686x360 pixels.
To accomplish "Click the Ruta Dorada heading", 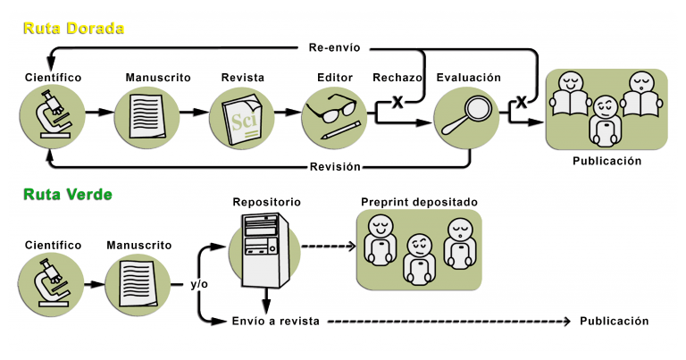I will tap(73, 29).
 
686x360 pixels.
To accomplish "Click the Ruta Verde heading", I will tap(68, 194).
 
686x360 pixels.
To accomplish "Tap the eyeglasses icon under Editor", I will tap(333, 116).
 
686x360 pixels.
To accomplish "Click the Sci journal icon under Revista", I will tap(242, 116).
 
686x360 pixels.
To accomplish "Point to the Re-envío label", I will tap(335, 46).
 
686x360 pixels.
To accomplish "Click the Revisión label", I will tap(335, 166).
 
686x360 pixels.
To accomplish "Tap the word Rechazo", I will tap(398, 78).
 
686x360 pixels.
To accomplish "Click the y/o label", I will tap(199, 284).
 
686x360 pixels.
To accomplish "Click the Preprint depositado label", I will tap(419, 202).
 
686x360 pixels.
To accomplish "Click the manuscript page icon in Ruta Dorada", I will tap(147, 116).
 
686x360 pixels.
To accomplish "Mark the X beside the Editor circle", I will tap(397, 103).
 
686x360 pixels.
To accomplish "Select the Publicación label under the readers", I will tap(607, 162).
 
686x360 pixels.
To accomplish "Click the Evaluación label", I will tap(468, 78).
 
